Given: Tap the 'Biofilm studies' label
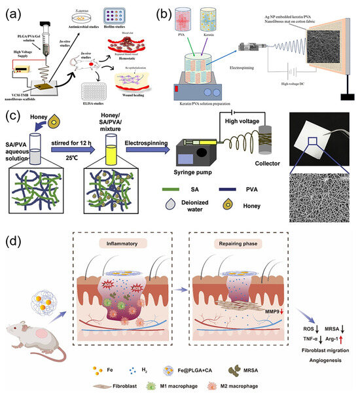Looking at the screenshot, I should [139, 29].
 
